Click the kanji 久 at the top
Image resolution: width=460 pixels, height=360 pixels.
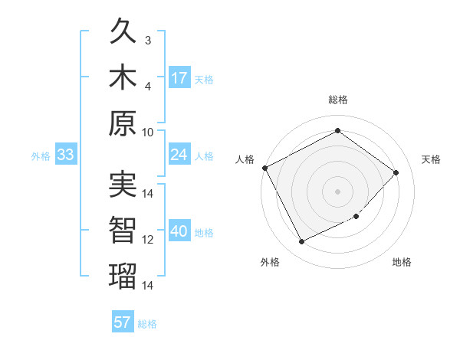(123, 33)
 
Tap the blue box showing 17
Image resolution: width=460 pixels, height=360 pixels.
(179, 78)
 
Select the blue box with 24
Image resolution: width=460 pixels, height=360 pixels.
(179, 155)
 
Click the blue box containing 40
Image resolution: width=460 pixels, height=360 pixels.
(179, 232)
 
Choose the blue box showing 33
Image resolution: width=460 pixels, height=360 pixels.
(66, 155)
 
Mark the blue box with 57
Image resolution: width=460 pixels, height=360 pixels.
(123, 322)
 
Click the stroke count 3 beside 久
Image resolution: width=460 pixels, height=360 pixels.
(149, 40)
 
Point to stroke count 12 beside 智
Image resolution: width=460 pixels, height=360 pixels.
(149, 240)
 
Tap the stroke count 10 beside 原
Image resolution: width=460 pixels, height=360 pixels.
(149, 131)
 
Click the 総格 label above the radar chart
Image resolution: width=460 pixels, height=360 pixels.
(337, 100)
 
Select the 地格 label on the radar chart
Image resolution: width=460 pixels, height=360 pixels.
(402, 262)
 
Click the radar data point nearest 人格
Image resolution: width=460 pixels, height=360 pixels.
(265, 168)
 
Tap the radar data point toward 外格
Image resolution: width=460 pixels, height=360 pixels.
(301, 242)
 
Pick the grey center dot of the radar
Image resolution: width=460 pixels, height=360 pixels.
(337, 191)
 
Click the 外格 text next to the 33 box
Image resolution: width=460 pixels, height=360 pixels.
(41, 156)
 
